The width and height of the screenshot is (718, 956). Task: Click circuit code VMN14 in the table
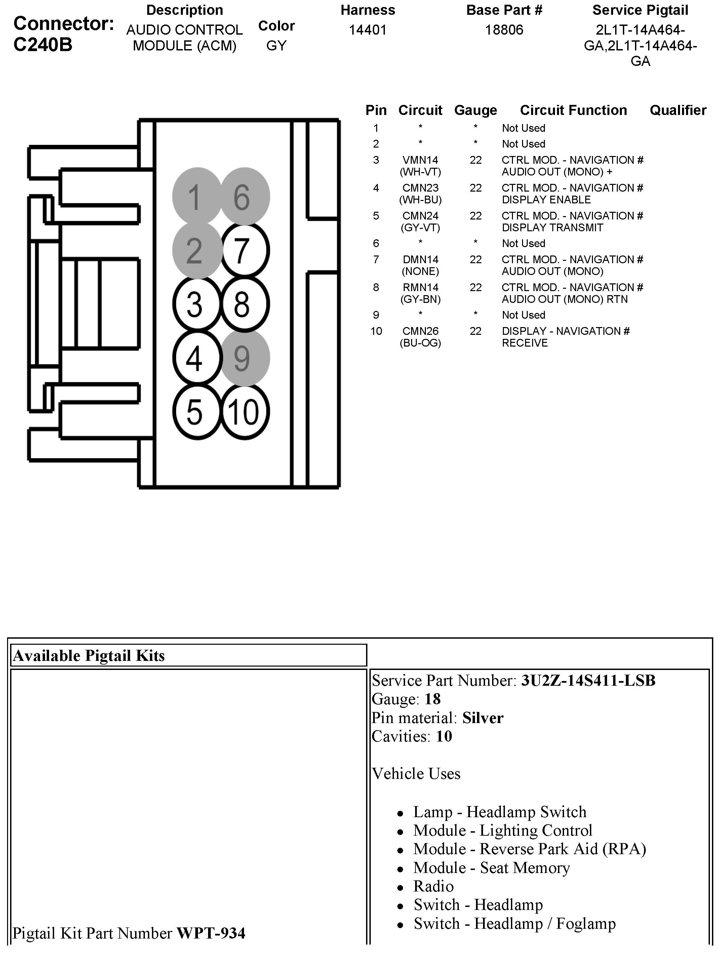(x=420, y=160)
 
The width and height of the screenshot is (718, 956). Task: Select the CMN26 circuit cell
(x=420, y=331)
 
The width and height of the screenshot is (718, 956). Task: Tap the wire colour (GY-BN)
(x=420, y=299)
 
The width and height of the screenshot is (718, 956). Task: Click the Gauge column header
(x=476, y=110)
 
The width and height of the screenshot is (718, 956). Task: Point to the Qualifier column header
(x=678, y=110)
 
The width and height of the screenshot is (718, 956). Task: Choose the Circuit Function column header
(x=573, y=110)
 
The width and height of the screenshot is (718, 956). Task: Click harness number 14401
(x=367, y=30)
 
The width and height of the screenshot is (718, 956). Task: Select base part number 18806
(x=504, y=30)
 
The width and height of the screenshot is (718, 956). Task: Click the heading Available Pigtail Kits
(x=89, y=655)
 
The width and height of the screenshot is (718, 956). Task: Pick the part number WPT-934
(x=211, y=933)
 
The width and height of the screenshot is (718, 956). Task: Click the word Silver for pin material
(x=483, y=718)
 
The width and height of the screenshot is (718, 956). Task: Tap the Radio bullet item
(x=433, y=886)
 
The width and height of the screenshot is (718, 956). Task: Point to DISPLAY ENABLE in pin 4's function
(x=546, y=200)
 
